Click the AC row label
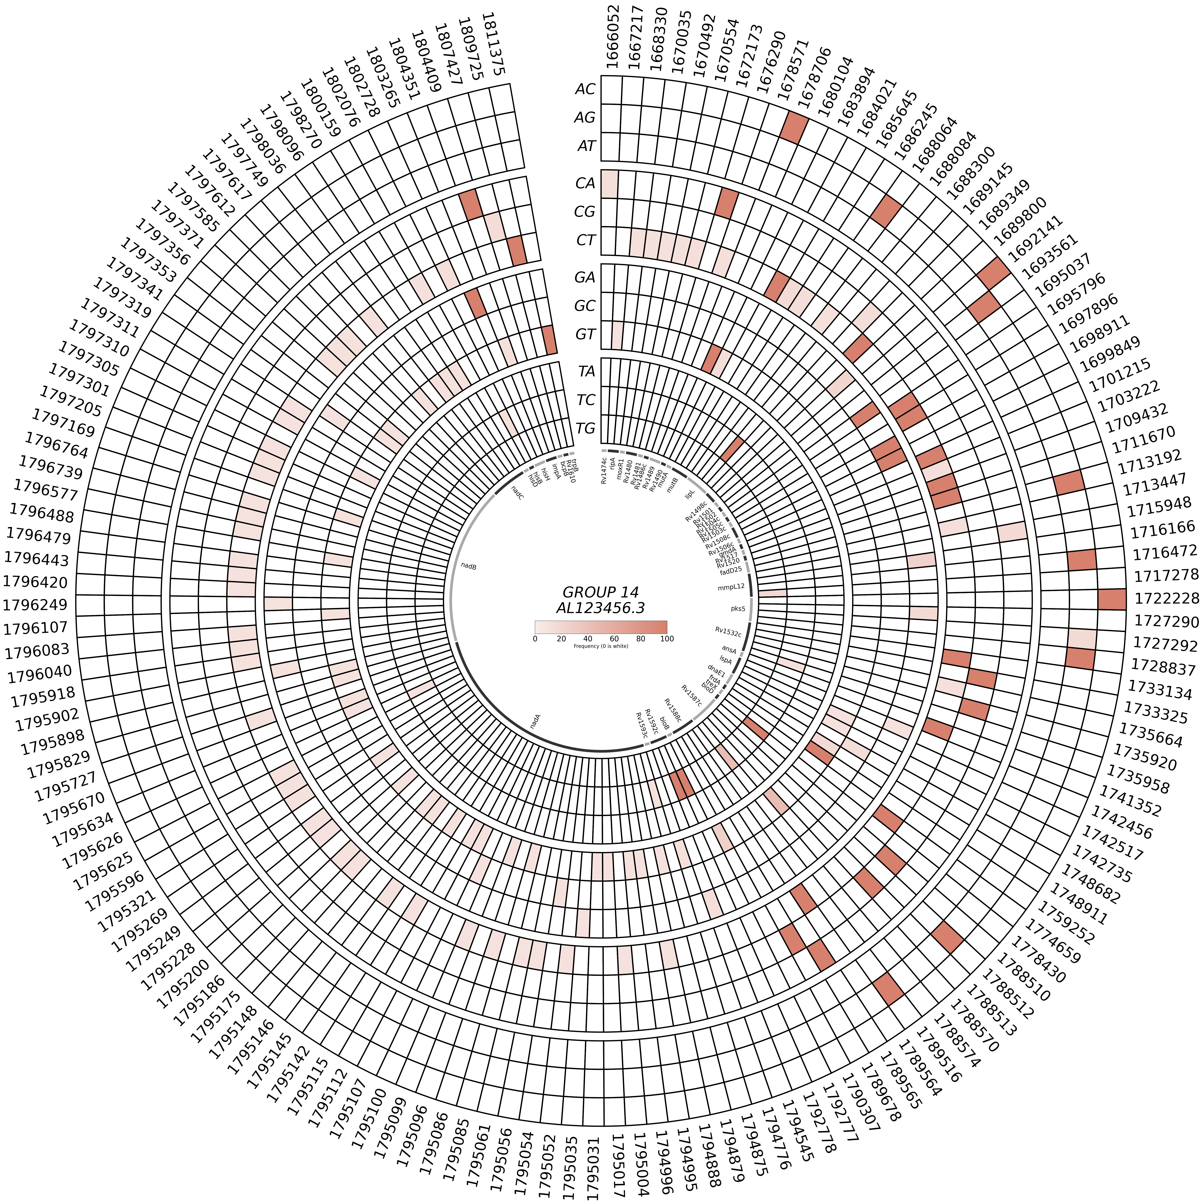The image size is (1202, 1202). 585,89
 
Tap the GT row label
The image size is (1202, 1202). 585,334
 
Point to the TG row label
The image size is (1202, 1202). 585,428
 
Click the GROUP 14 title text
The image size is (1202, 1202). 600,592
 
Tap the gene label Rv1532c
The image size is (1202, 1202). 728,632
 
